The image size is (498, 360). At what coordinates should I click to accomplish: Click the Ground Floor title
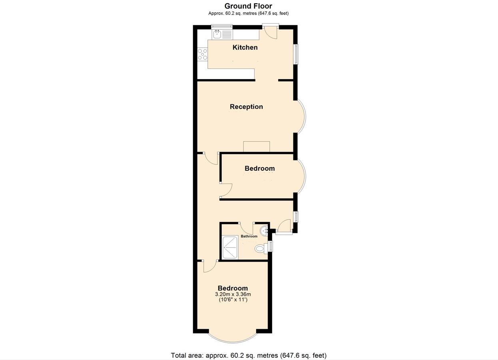(248, 6)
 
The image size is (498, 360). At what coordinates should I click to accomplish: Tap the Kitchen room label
(245, 47)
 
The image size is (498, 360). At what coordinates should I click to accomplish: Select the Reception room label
(246, 106)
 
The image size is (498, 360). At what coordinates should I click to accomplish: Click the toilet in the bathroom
(261, 248)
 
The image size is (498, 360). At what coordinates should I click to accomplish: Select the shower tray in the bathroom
(230, 248)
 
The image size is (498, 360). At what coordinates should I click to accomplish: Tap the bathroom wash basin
(264, 231)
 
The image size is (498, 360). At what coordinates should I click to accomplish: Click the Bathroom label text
(249, 236)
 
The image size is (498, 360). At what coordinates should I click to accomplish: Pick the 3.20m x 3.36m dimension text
(233, 294)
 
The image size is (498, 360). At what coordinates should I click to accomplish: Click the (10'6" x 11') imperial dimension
(233, 300)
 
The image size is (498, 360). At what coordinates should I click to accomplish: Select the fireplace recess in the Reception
(257, 147)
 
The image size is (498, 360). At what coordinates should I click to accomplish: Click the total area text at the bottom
(249, 355)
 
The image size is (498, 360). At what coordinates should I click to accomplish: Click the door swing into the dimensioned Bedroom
(210, 266)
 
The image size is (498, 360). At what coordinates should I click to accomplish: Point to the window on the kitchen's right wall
(296, 54)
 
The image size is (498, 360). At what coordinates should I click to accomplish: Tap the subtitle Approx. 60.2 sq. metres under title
(248, 13)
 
